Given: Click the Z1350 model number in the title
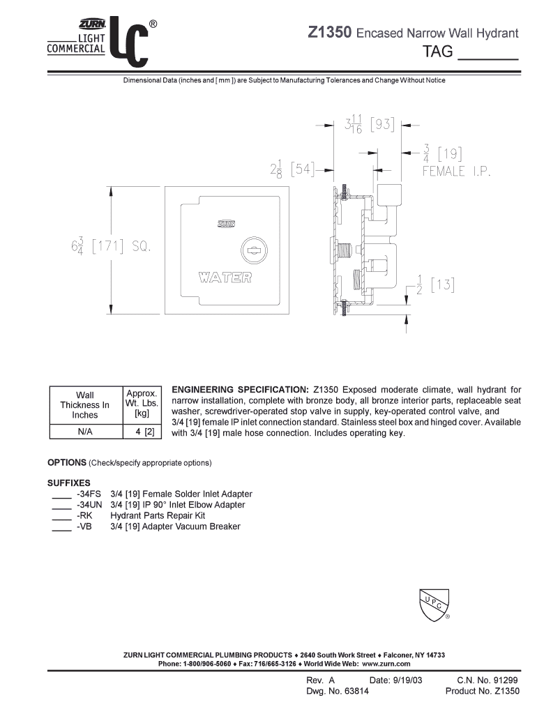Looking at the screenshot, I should pos(331,33).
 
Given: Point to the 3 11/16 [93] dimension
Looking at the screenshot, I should pos(369,126).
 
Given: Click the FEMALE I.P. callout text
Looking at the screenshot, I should pos(457,171).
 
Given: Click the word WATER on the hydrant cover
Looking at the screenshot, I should pos(225,278).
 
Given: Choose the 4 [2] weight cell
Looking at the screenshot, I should pos(142,432).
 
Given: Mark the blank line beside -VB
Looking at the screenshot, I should pos(61,530).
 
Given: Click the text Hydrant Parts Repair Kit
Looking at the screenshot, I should pos(158,516).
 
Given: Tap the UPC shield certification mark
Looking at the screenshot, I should pos(434,604).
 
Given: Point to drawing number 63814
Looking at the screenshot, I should pos(354,692).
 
